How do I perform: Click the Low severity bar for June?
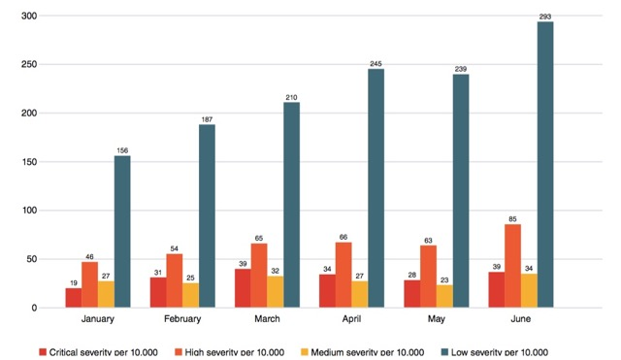pyautogui.click(x=545, y=165)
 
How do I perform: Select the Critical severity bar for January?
pyautogui.click(x=73, y=298)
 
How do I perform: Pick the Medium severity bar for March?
pyautogui.click(x=276, y=292)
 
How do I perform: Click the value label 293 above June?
pyautogui.click(x=545, y=16)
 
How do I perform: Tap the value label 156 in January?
pyautogui.click(x=121, y=149)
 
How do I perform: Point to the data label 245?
pyautogui.click(x=376, y=63)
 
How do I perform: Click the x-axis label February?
pyautogui.click(x=182, y=318)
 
